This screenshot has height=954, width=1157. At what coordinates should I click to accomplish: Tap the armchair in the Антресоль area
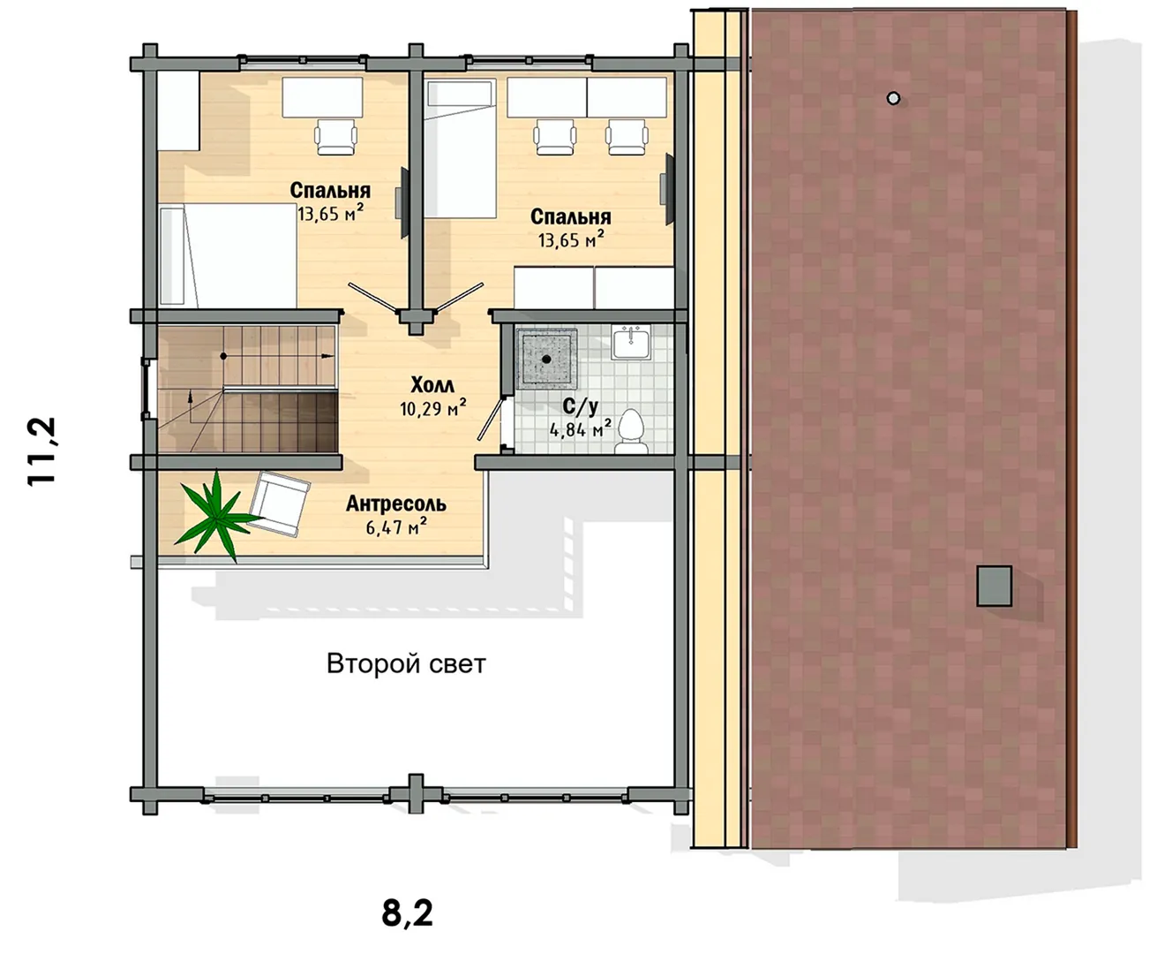pyautogui.click(x=280, y=504)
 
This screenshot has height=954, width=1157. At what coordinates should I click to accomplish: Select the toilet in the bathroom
pyautogui.click(x=632, y=432)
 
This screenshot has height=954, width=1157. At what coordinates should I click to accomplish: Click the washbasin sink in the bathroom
pyautogui.click(x=632, y=342)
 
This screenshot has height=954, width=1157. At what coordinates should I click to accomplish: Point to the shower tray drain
pyautogui.click(x=547, y=360)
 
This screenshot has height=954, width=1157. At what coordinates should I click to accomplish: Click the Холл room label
pyautogui.click(x=432, y=385)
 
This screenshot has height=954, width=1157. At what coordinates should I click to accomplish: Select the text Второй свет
pyautogui.click(x=406, y=664)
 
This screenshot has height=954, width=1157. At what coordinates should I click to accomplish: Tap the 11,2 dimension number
pyautogui.click(x=41, y=451)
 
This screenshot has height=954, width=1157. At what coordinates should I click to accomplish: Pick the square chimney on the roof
pyautogui.click(x=994, y=586)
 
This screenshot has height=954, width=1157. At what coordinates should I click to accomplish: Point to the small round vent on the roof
pyautogui.click(x=893, y=99)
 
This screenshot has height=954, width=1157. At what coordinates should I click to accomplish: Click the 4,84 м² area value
pyautogui.click(x=580, y=428)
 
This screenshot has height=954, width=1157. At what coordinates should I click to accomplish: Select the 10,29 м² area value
pyautogui.click(x=432, y=408)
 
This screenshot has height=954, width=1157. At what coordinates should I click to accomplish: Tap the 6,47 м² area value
pyautogui.click(x=396, y=526)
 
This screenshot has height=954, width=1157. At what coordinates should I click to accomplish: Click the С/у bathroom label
pyautogui.click(x=580, y=406)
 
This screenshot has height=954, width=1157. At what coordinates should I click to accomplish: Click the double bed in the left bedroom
pyautogui.click(x=228, y=255)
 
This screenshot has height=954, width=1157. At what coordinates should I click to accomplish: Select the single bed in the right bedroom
pyautogui.click(x=460, y=148)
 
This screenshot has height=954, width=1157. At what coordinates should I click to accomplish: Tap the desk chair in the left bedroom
pyautogui.click(x=335, y=137)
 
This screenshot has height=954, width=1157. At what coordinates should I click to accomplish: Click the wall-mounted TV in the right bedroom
pyautogui.click(x=668, y=189)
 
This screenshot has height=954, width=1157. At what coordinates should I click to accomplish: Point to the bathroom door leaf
pyautogui.click(x=492, y=419)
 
